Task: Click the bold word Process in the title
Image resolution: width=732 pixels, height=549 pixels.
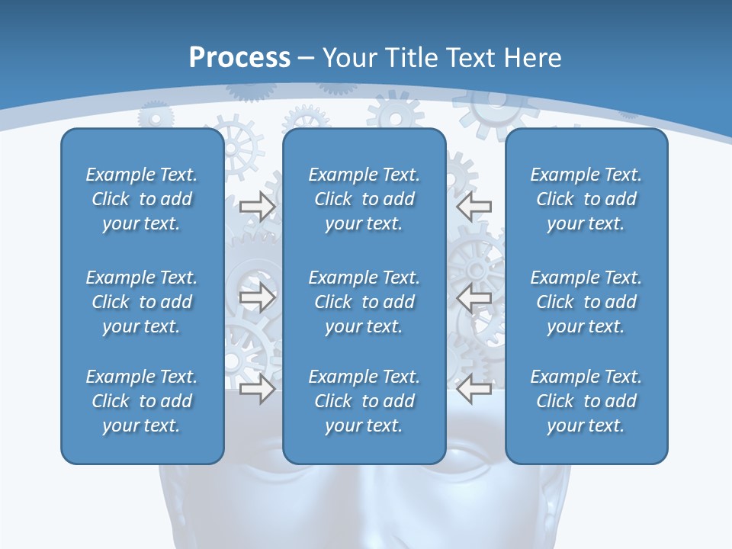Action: pyautogui.click(x=239, y=58)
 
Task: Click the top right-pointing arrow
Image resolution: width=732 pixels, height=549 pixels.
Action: pyautogui.click(x=257, y=207)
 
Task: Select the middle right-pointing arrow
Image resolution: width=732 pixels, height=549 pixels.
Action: pyautogui.click(x=257, y=297)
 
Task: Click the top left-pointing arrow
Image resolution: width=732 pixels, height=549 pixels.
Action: pyautogui.click(x=474, y=207)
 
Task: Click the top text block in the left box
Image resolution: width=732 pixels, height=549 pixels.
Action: pyautogui.click(x=142, y=199)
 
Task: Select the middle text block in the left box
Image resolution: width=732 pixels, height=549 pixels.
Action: pyautogui.click(x=142, y=302)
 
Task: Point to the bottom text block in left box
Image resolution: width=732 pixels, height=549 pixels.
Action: pyautogui.click(x=142, y=401)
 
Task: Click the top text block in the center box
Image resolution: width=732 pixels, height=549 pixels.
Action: pyautogui.click(x=364, y=199)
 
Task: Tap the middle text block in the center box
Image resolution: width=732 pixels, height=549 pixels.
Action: pyautogui.click(x=364, y=302)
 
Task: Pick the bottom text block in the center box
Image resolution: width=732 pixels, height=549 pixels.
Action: pyautogui.click(x=364, y=401)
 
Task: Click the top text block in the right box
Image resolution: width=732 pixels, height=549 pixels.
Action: pyautogui.click(x=586, y=199)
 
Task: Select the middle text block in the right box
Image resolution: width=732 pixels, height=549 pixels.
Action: pyautogui.click(x=586, y=302)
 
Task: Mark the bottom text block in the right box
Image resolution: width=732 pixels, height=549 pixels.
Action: pyautogui.click(x=586, y=401)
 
